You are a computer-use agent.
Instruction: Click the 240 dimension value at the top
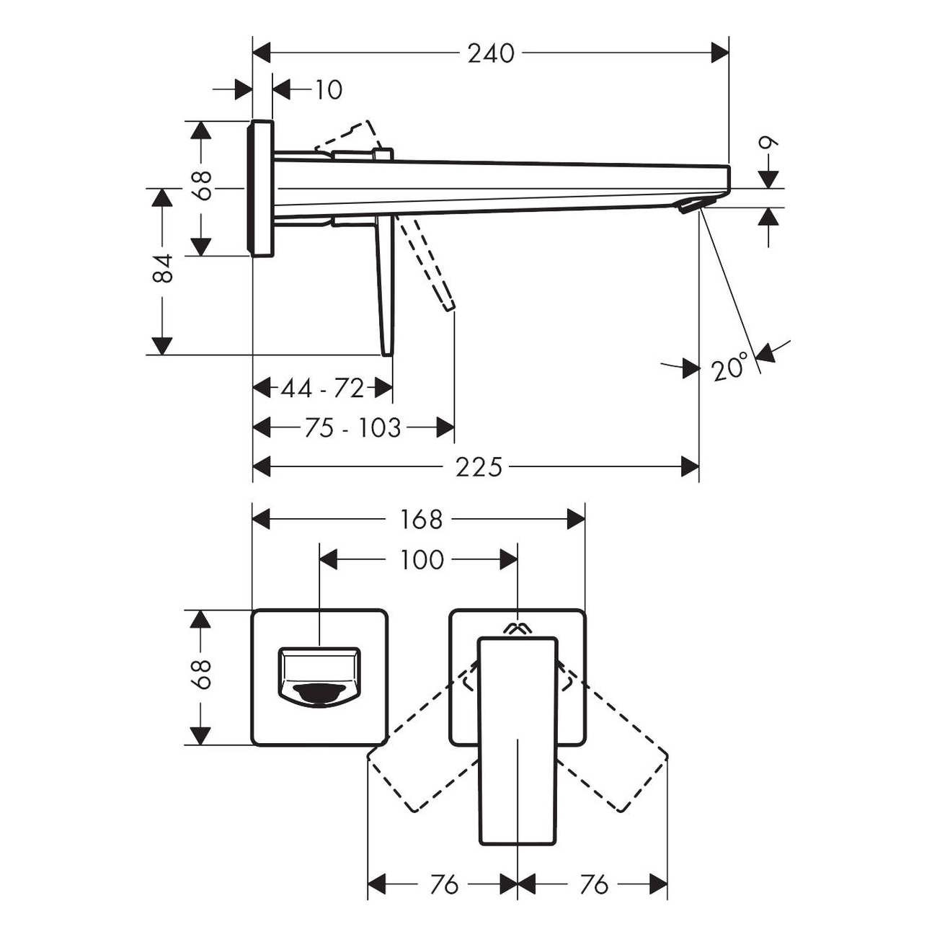[x=491, y=53]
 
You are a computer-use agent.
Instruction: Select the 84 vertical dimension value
[x=164, y=267]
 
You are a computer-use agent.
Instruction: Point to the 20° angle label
[x=729, y=369]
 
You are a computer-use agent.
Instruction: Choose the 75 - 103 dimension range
[x=352, y=428]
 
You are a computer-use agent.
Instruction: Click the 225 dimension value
[x=478, y=467]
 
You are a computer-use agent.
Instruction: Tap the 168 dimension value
[x=420, y=519]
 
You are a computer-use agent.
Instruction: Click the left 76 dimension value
[x=443, y=884]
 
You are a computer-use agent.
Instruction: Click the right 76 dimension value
[x=593, y=884]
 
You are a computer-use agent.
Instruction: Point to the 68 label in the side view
[x=203, y=185]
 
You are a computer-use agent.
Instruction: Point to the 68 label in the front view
[x=203, y=675]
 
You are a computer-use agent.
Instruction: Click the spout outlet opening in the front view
[x=319, y=692]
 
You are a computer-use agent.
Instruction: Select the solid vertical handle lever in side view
[x=385, y=288]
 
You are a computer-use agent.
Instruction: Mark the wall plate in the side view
[x=260, y=187]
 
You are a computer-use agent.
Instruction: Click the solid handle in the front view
[x=518, y=742]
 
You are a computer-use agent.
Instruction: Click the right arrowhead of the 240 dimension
[x=719, y=53]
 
